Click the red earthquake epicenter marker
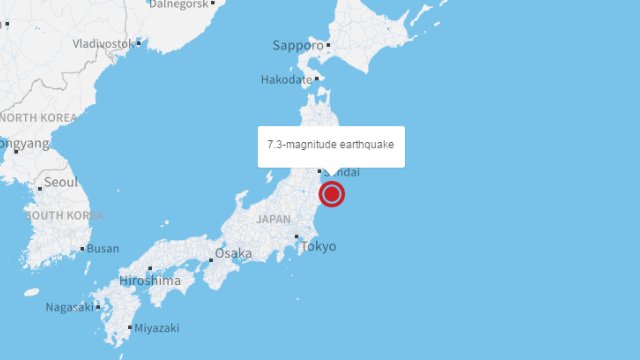click(x=332, y=194)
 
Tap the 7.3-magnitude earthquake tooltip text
click(x=331, y=145)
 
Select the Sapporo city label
click(x=298, y=45)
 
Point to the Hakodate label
click(x=286, y=79)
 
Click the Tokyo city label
click(x=319, y=246)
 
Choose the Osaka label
click(x=234, y=253)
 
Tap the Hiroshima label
click(x=150, y=281)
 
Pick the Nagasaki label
click(x=70, y=307)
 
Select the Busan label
click(x=103, y=248)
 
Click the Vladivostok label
click(x=103, y=44)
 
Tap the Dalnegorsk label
click(x=180, y=4)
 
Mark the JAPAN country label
click(x=273, y=218)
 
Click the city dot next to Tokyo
click(x=297, y=237)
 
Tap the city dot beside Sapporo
click(x=328, y=45)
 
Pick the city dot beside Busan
click(x=82, y=248)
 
